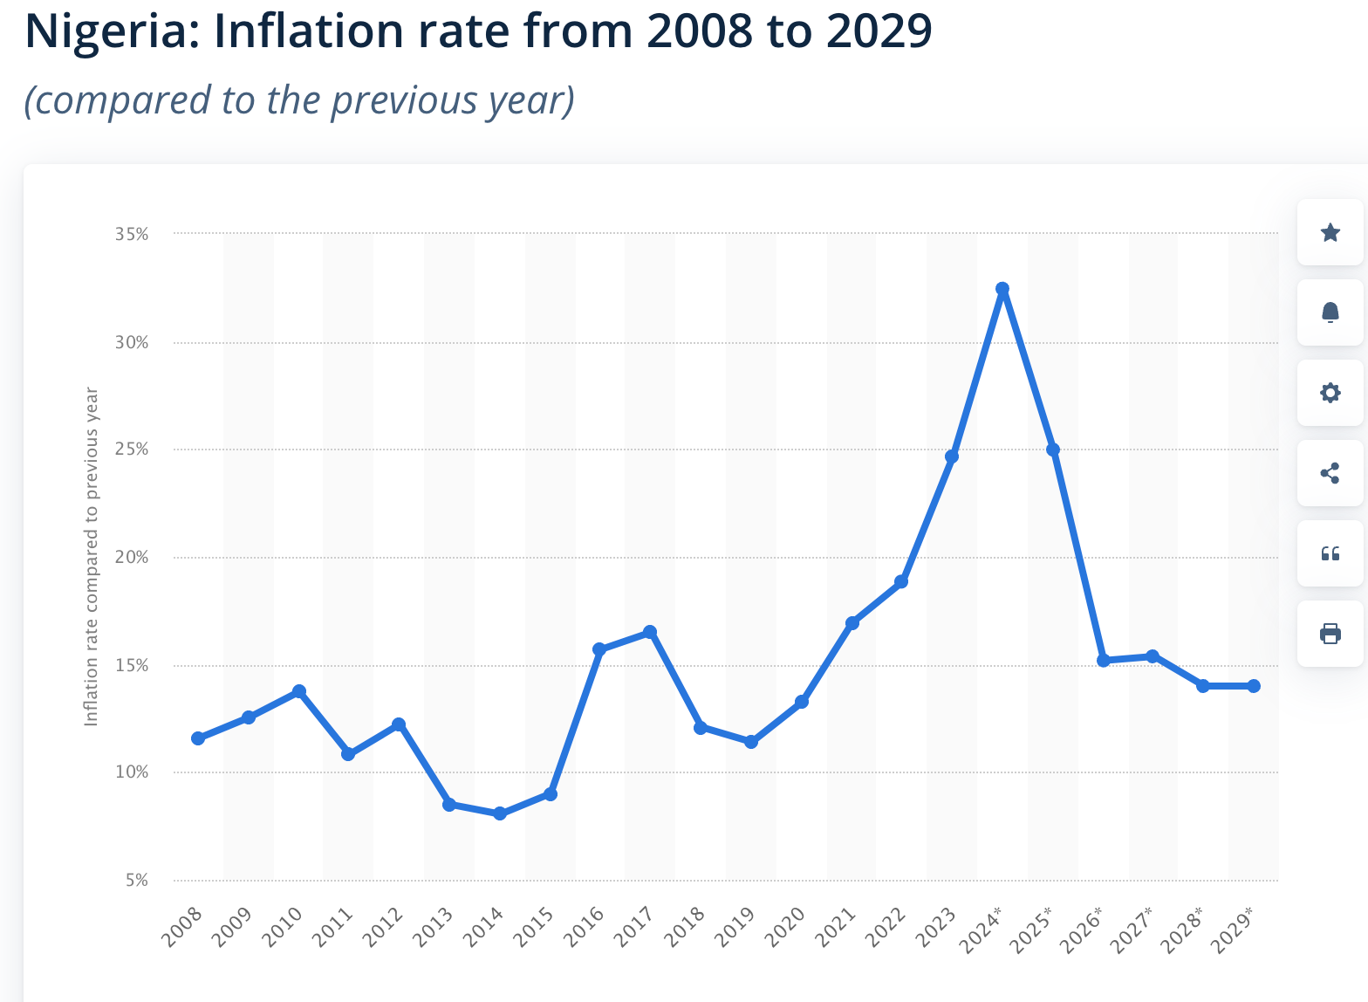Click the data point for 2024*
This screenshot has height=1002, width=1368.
1002,289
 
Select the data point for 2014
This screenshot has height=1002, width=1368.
500,813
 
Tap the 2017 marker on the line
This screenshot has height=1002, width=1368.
650,632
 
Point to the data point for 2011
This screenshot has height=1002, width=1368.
348,754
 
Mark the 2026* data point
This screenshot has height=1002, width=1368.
1104,660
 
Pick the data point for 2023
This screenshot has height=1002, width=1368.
952,456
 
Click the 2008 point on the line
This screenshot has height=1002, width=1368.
198,738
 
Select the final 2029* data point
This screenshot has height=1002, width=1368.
1254,686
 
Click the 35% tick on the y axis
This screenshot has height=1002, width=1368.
132,234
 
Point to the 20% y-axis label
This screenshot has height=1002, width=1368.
132,557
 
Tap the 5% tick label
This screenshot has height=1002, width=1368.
137,880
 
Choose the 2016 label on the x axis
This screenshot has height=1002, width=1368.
584,927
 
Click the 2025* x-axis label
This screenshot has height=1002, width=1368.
1032,929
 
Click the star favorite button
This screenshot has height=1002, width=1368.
1330,232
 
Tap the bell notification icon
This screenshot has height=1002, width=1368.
1330,312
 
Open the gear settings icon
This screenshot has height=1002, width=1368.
1330,393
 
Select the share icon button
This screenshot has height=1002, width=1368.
1330,473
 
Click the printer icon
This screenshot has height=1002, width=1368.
1330,634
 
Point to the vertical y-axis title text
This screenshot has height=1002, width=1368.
91,557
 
